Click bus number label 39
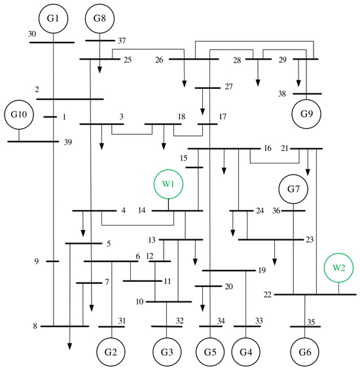click(68, 143)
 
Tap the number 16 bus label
click(268, 148)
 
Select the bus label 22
click(268, 295)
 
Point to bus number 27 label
click(228, 87)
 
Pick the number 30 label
click(32, 34)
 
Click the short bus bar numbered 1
click(50, 117)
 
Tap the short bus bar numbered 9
click(52, 261)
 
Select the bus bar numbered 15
click(194, 167)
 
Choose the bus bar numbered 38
click(308, 93)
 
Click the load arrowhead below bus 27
click(202, 111)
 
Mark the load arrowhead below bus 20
click(202, 308)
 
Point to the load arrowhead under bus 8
click(69, 346)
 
